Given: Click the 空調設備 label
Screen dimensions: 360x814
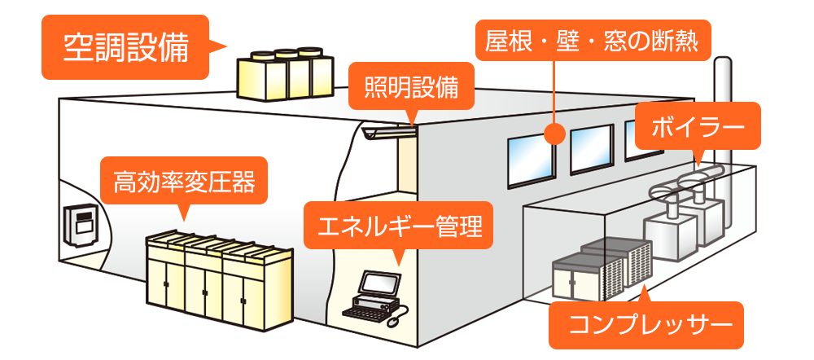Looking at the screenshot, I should pos(126,48).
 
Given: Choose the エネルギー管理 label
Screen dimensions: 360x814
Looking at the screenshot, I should pos(398,224).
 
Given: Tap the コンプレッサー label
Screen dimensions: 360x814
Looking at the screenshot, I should pos(646,325).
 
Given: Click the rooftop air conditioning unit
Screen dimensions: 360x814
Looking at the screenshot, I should pos(284,75).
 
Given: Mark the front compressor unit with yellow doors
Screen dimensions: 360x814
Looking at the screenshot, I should pos(576,277).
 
